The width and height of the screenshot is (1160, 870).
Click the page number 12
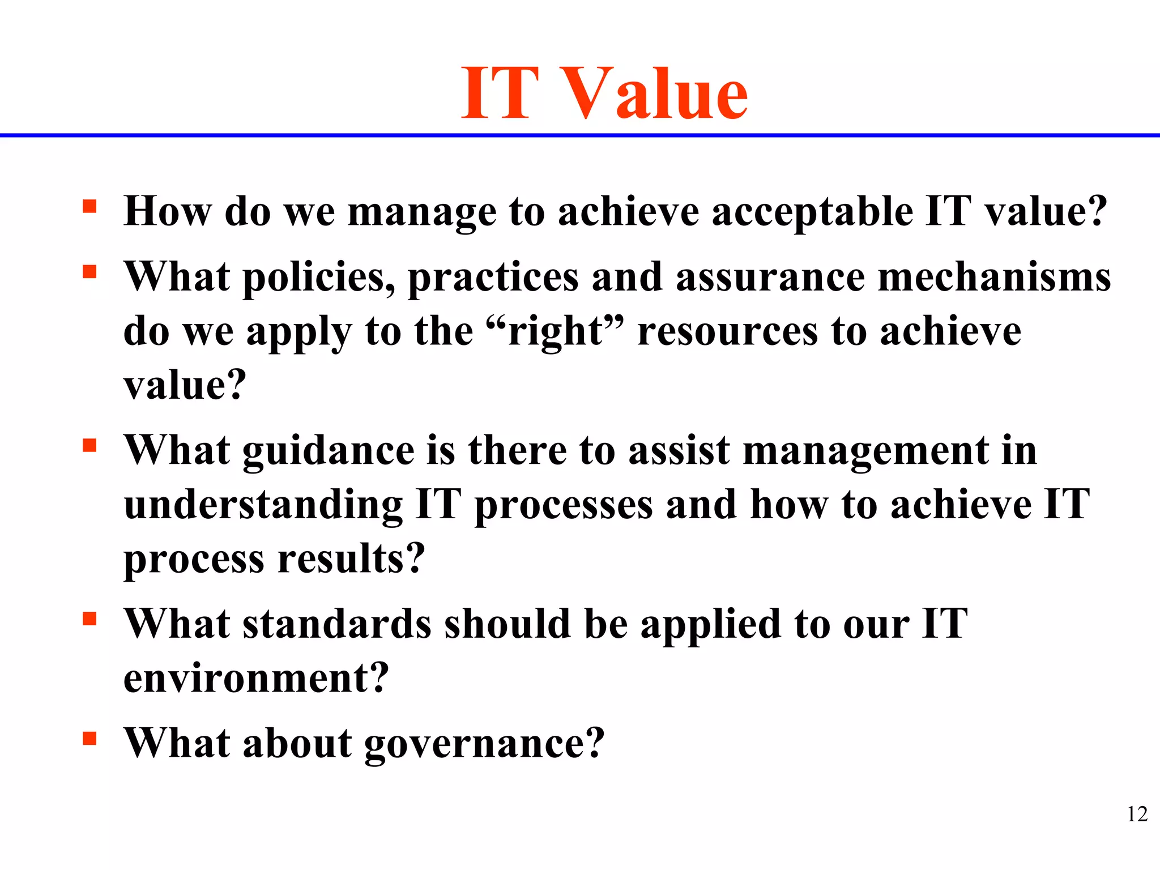click(1137, 814)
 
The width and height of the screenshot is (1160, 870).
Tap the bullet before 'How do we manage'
click(89, 206)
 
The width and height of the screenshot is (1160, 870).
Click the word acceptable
click(812, 212)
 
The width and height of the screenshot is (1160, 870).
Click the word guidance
click(329, 452)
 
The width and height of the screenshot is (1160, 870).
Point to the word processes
click(563, 506)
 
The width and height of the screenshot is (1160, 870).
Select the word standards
click(337, 624)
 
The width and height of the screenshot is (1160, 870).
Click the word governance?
click(484, 744)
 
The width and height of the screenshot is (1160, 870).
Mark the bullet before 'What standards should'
click(89, 619)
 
